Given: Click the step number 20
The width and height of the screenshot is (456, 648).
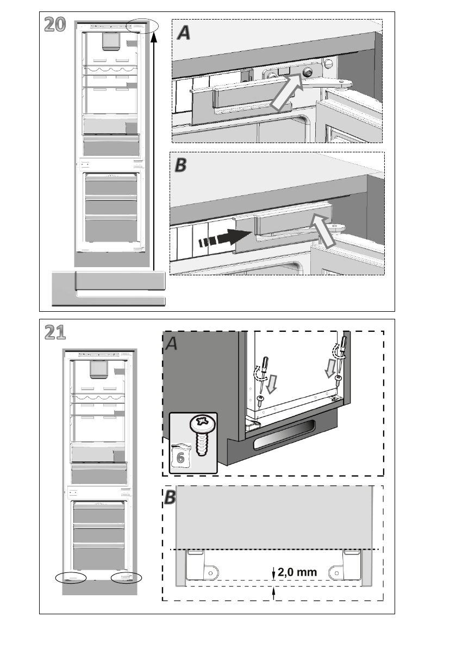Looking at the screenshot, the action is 55,24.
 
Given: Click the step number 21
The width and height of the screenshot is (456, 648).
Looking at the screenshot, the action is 55,332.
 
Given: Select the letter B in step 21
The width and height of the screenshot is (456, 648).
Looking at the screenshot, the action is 170,497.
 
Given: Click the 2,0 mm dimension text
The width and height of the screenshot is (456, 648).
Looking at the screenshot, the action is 297,572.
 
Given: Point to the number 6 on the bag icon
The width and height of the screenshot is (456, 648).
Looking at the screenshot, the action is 179,458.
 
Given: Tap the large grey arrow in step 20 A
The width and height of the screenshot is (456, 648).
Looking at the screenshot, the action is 286,94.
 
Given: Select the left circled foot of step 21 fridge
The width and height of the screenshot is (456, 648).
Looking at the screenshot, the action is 71,577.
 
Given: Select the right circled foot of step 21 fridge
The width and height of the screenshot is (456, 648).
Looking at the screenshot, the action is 126,577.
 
